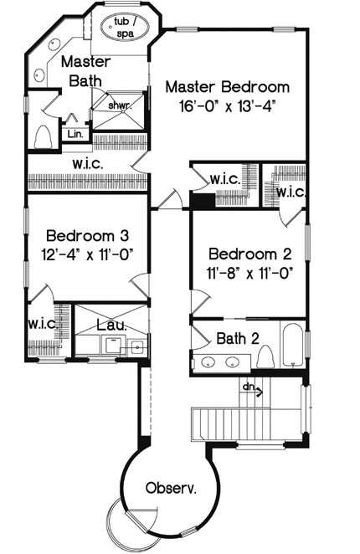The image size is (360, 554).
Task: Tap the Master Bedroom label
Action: coord(227,87)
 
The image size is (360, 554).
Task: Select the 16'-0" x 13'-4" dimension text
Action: coord(227,106)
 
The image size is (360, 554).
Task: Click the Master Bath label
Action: coord(82,71)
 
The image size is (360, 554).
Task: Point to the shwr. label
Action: coord(116,105)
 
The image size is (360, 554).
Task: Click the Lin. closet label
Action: coord(75,132)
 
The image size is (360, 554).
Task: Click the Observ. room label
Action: coord(170,487)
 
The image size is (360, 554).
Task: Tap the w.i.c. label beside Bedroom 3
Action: coord(41,322)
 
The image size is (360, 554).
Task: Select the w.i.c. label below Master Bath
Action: coord(88,163)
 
